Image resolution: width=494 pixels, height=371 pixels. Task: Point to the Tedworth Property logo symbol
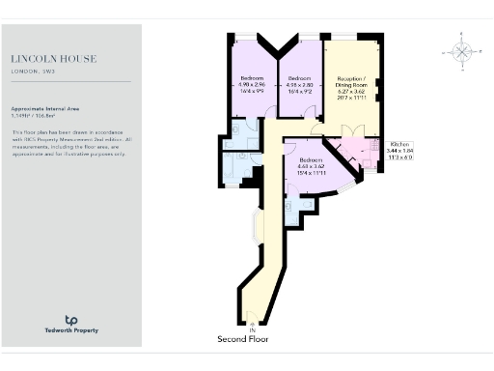70,319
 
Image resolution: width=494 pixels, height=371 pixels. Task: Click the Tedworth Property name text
70,331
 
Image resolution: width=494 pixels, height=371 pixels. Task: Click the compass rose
462,52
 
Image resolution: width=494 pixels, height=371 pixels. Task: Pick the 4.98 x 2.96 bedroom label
252,83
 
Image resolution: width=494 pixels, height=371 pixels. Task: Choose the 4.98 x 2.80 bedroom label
299,83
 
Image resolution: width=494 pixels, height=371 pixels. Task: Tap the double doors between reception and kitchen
351,130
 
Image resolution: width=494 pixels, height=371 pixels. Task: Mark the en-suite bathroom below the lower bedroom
301,205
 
